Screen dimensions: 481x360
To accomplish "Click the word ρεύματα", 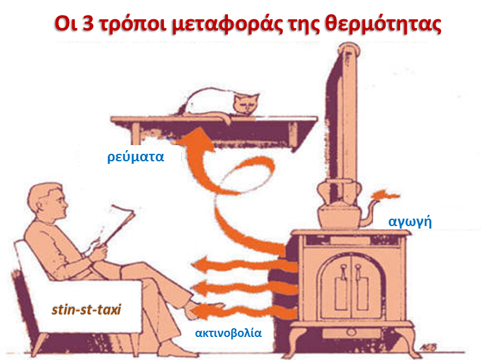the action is pos(134,156).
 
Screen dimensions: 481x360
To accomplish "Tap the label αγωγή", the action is pos(410,221).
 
